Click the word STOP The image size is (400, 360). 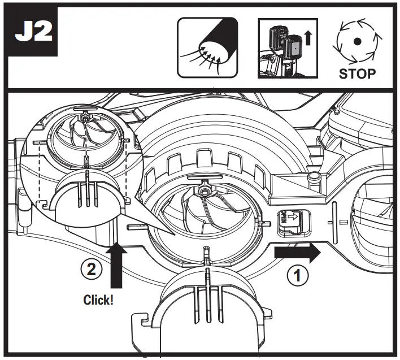tap(356, 74)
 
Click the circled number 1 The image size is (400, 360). tap(298, 275)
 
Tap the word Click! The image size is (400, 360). tap(98, 300)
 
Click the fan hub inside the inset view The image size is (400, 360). tap(85, 119)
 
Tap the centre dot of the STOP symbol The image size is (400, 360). tap(356, 41)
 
